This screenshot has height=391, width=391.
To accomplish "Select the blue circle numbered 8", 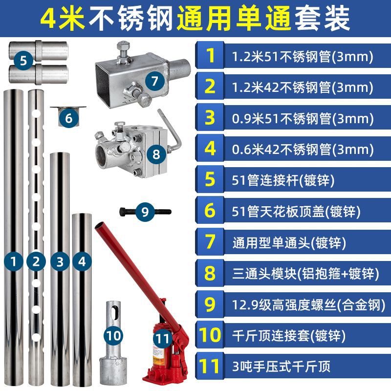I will pyautogui.click(x=156, y=154).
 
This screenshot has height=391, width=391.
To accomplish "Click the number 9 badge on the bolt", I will pyautogui.click(x=145, y=212).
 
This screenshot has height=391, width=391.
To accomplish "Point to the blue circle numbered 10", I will pyautogui.click(x=113, y=335).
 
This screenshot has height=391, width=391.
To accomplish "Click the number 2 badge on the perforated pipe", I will pyautogui.click(x=35, y=261).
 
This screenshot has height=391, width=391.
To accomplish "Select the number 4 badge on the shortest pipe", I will pyautogui.click(x=82, y=261).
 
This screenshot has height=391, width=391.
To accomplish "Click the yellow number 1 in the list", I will pyautogui.click(x=210, y=56).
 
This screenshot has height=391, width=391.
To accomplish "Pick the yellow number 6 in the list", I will pyautogui.click(x=210, y=211).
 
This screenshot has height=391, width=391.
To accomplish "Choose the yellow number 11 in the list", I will pyautogui.click(x=210, y=366).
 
